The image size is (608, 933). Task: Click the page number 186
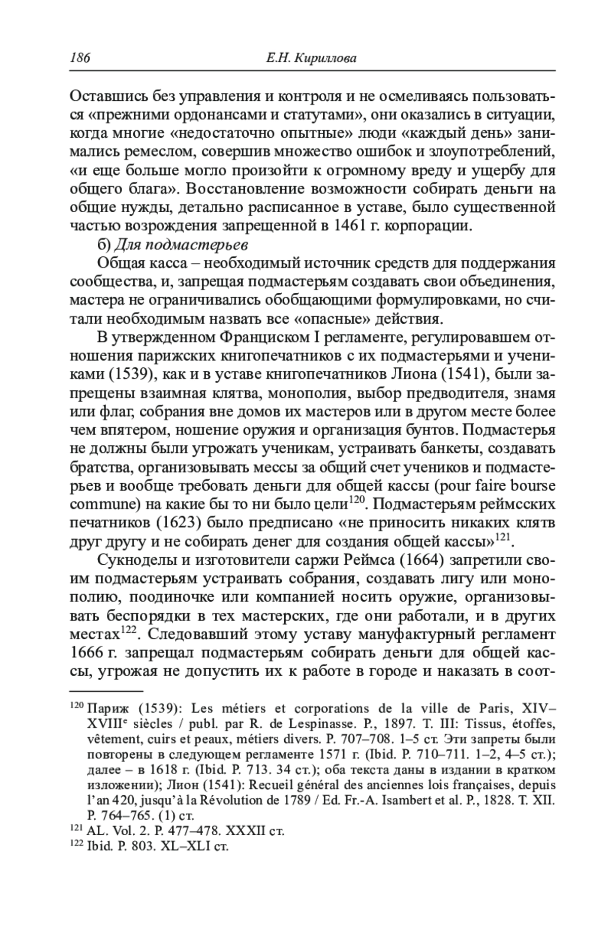(x=80, y=58)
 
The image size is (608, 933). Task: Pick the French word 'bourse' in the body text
(x=532, y=485)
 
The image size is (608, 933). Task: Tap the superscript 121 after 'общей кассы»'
(x=503, y=537)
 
